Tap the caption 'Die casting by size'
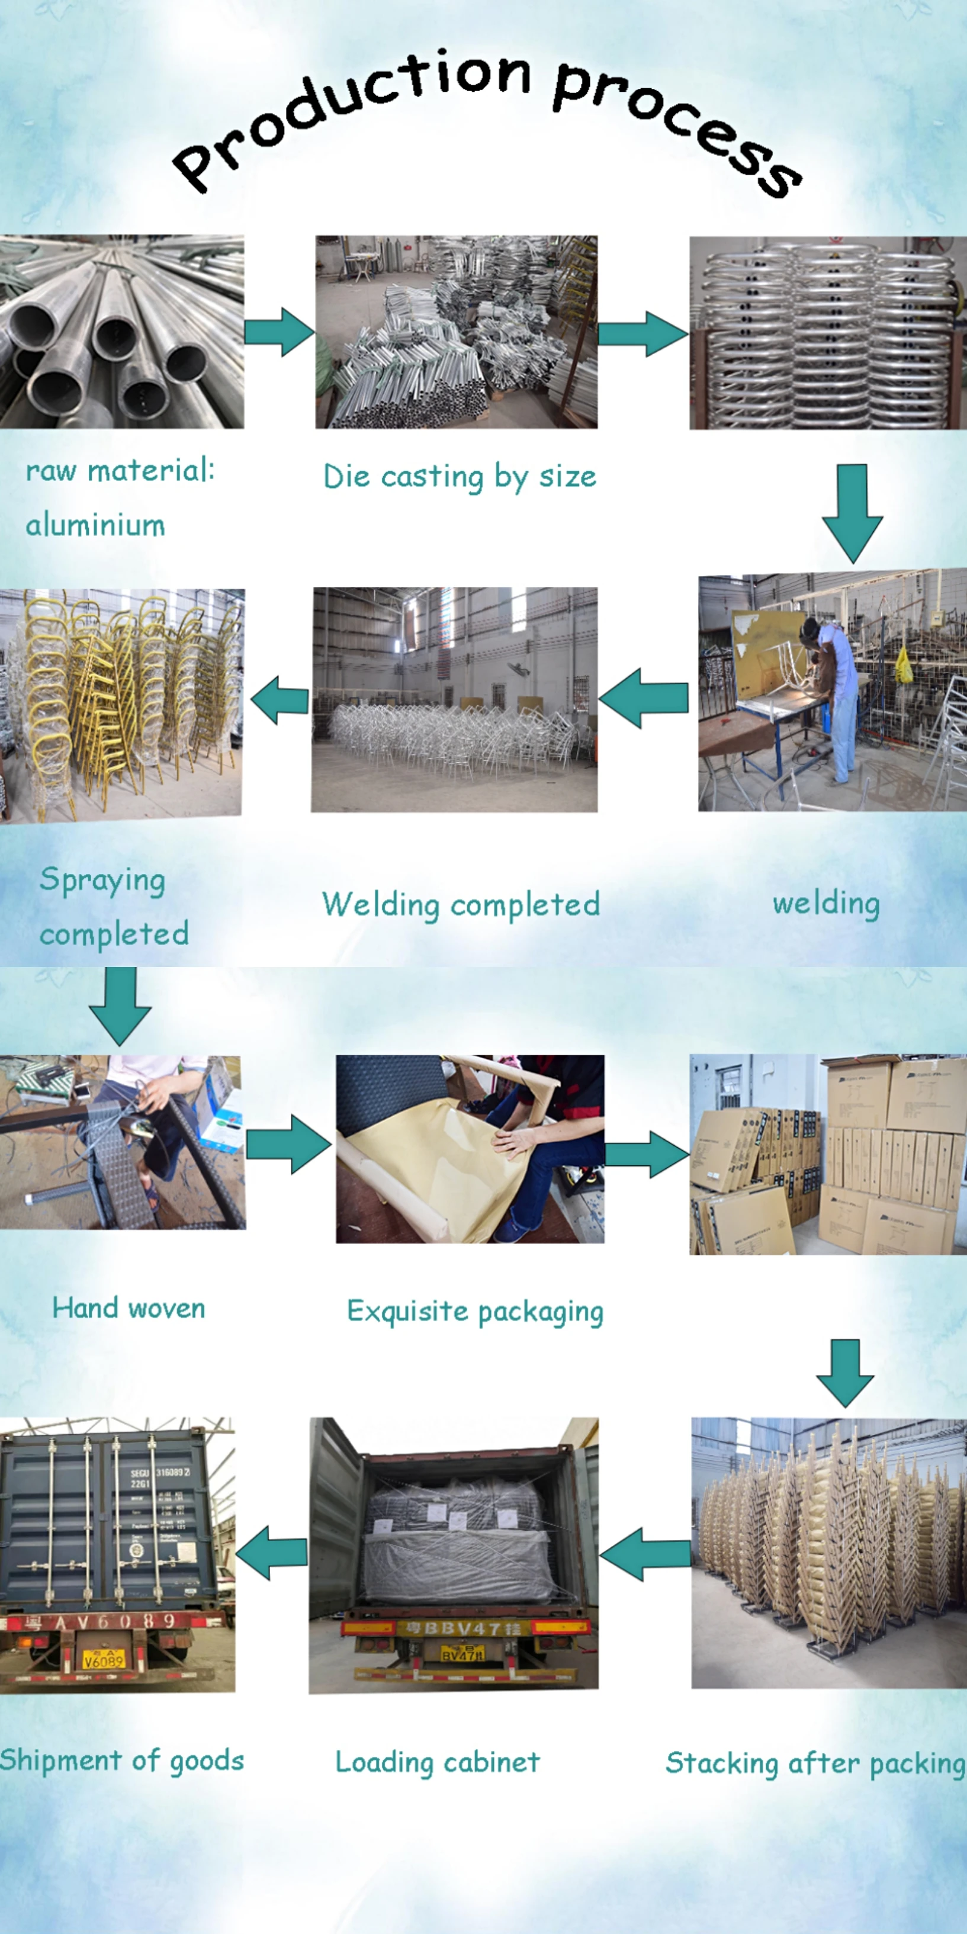(460, 477)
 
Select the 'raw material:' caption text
(120, 471)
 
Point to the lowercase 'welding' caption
(826, 903)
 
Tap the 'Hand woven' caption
(128, 1309)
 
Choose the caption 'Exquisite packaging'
(474, 1312)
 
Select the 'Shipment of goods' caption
(121, 1760)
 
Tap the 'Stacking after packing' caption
(815, 1763)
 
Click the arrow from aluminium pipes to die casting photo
(280, 331)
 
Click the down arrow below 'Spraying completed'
(120, 1004)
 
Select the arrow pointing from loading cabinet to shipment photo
(272, 1553)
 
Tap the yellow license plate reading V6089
(103, 1659)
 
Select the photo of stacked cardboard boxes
(827, 1154)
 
